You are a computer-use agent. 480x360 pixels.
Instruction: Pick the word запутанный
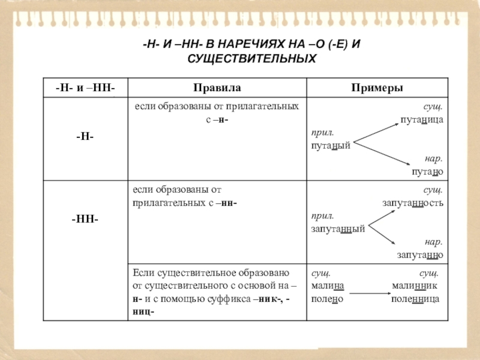click(x=338, y=229)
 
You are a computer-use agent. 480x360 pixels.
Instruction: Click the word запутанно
click(x=419, y=255)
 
